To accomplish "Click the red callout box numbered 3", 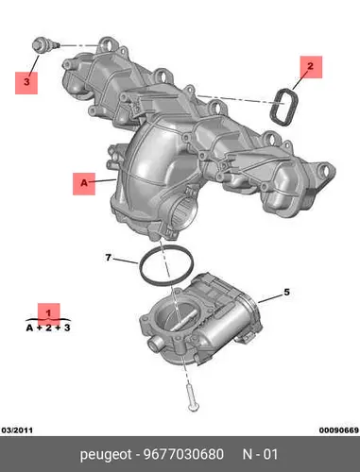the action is coord(26,83).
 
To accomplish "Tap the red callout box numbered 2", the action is coord(311,67).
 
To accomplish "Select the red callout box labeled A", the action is coord(84,184).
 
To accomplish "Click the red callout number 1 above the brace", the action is coord(48,313).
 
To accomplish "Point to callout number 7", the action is coord(108,258).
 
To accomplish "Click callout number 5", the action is coord(286,293).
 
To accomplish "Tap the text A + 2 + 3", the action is coord(48,328).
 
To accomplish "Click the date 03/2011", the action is coord(17,430).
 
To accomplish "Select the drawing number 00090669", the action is coord(339,430).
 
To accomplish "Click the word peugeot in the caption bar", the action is coord(106,455).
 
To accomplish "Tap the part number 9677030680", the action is coord(183,454).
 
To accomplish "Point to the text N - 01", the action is coord(260,454).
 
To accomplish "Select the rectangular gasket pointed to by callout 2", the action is coord(283,108).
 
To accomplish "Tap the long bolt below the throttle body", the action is coord(191,397).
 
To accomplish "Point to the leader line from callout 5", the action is coord(270,298).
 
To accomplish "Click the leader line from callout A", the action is coord(106,181).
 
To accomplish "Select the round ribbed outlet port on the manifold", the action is coord(184,210).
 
